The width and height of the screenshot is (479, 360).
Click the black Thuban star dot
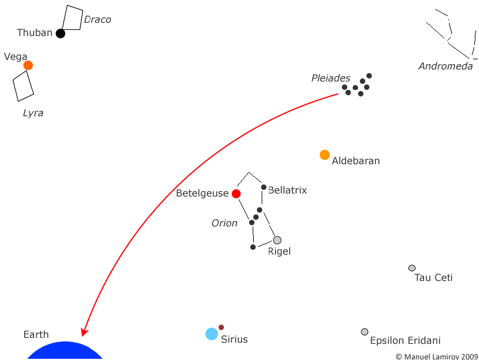point(60,34)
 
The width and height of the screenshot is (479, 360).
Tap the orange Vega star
point(28,65)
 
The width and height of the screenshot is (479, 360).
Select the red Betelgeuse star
point(236,193)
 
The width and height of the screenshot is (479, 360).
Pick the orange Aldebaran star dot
point(325,155)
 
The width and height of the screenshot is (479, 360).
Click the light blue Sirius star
point(211,334)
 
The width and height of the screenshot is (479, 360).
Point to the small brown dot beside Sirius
point(221,327)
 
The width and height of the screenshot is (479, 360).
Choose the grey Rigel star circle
point(277,240)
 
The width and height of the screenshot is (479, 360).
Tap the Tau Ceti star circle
point(412,268)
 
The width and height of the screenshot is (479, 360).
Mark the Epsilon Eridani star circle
point(365,332)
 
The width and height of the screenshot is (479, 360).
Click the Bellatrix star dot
point(263,187)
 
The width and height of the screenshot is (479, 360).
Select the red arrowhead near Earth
point(84,332)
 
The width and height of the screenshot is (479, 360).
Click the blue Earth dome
point(65,350)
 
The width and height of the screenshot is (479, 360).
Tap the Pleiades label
point(331,78)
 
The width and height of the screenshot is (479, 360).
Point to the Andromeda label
point(445,66)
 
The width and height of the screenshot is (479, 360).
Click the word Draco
point(98,20)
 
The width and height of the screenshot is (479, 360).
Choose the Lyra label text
point(33,113)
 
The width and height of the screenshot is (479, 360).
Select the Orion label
point(224,223)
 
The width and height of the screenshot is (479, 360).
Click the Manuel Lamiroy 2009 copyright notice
point(436,356)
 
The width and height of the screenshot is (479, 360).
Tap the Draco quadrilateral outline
point(81,19)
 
